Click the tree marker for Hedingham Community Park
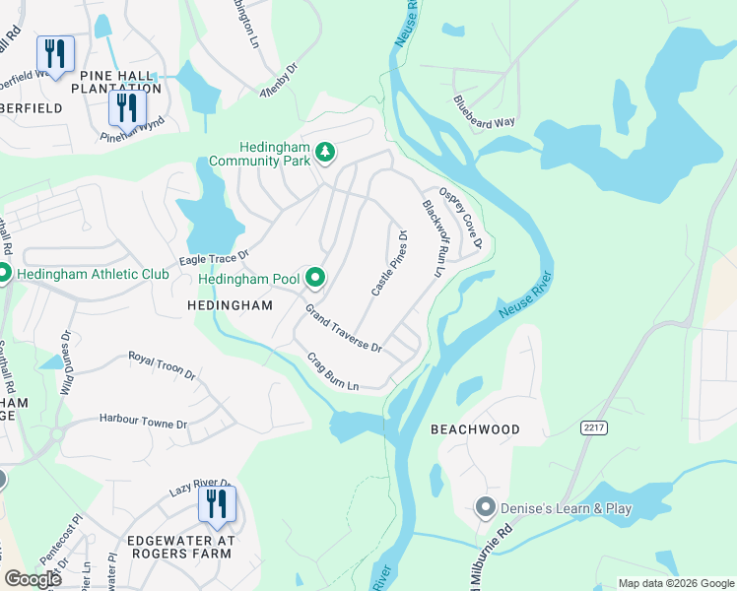coord(325,154)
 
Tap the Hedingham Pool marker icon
coord(315,280)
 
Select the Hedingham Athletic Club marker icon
coord(3,273)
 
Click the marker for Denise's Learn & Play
coord(484,508)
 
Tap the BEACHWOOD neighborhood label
coord(475,430)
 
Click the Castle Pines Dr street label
coord(389,263)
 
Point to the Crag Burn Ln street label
coord(332,371)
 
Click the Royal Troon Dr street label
coord(162,363)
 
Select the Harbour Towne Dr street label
coord(143,422)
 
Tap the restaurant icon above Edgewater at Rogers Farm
coord(217,504)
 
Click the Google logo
coord(33,578)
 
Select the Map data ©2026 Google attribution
coord(675,583)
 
